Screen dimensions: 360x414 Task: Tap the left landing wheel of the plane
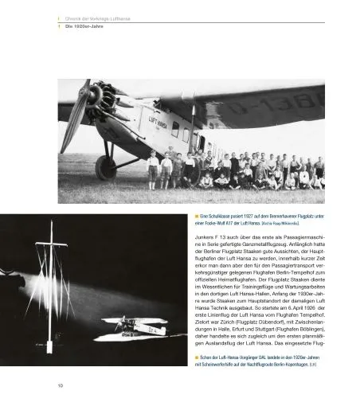click(106, 167)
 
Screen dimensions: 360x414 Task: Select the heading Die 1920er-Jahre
click(83, 26)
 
